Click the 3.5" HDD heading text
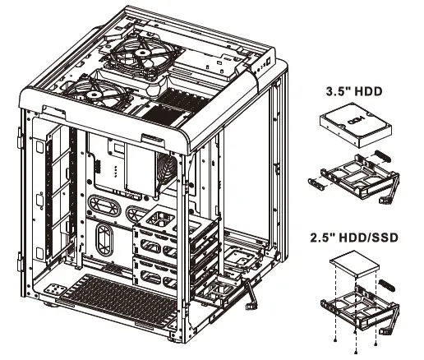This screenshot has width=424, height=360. click(x=355, y=91)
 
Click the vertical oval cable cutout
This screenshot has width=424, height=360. click(x=104, y=239)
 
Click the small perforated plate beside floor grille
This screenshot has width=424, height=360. click(x=55, y=291)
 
